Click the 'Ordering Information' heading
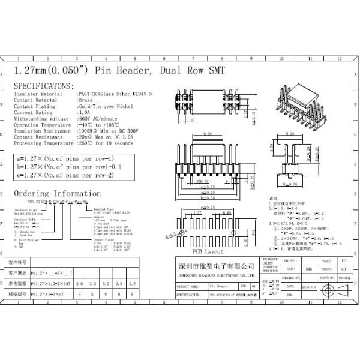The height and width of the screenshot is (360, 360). click(58, 193)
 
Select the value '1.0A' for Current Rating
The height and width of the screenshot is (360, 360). click(84, 112)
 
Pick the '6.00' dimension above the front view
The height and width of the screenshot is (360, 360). click(208, 134)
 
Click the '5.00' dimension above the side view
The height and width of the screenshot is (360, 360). click(290, 134)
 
